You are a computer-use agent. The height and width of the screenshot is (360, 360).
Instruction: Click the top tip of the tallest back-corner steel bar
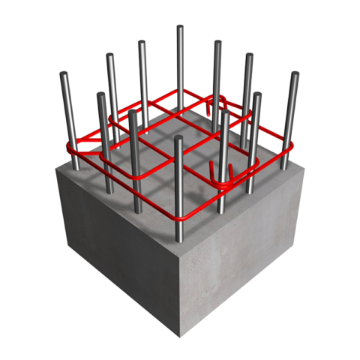coord(180,28)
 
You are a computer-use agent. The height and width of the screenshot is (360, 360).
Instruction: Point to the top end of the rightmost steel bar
coord(295,74)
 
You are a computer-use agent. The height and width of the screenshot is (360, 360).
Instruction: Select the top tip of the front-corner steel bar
coord(178,139)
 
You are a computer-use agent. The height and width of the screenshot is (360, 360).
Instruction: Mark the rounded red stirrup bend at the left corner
coord(73,147)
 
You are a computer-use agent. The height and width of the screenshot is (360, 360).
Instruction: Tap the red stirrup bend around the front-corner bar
coord(180,218)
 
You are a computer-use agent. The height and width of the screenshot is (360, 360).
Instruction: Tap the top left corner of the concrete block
coord(58,169)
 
